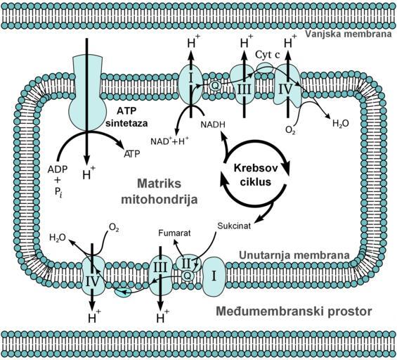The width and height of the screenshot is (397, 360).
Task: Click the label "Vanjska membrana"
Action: click(348, 34)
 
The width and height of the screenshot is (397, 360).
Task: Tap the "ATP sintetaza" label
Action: click(127, 117)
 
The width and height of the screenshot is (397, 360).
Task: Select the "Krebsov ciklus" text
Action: click(256, 175)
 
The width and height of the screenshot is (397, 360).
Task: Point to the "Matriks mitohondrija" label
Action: click(160, 191)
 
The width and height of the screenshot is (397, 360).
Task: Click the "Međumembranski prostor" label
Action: click(294, 311)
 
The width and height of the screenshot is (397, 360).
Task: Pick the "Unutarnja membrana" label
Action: click(294, 255)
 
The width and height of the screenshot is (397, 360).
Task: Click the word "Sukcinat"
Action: click(234, 226)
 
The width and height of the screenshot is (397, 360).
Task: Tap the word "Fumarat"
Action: click(174, 233)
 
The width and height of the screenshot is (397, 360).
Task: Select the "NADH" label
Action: click(213, 124)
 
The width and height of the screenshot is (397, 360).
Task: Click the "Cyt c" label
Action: click(268, 54)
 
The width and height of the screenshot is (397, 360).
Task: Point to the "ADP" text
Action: click(58, 169)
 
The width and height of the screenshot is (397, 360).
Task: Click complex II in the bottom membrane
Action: click(188, 264)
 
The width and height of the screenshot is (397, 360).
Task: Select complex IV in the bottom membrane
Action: click(92, 276)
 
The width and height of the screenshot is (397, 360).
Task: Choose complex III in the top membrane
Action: click(244, 84)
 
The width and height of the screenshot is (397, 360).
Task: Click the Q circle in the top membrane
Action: click(215, 85)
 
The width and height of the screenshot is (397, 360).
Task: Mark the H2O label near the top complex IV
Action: click(341, 123)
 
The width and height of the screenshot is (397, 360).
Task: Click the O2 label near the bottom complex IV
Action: click(114, 228)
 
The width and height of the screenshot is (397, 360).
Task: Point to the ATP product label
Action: click(131, 154)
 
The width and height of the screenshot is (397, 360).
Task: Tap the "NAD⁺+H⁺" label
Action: click(169, 141)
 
